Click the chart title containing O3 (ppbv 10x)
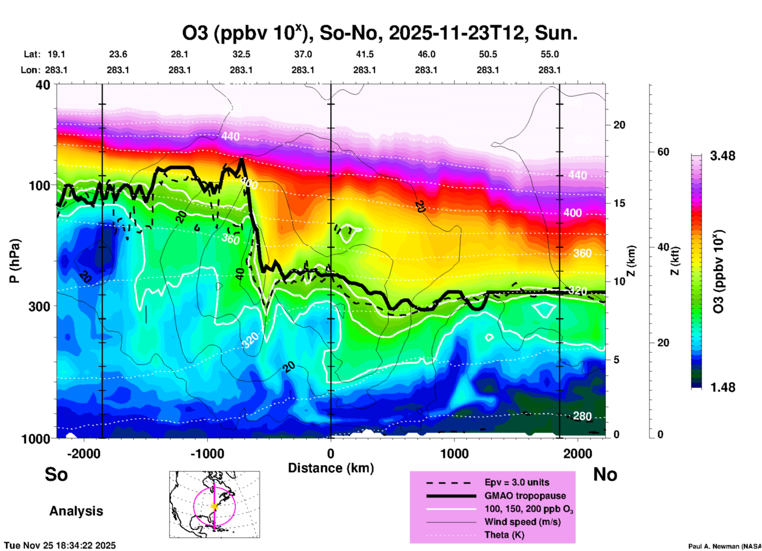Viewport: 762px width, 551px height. click(380, 33)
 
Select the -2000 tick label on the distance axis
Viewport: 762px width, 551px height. click(84, 454)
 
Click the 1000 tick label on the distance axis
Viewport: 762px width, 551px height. click(454, 454)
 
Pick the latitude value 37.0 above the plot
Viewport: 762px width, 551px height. click(303, 54)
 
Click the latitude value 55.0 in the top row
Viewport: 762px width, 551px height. click(550, 54)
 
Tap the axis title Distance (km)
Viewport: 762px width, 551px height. click(331, 468)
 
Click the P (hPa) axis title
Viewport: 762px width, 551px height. click(15, 261)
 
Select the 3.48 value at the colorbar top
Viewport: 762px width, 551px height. click(722, 156)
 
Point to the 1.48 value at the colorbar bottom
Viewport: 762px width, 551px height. click(722, 387)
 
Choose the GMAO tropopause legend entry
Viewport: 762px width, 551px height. click(525, 496)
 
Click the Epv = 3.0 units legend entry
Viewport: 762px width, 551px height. click(517, 482)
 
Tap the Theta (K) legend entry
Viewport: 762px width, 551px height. click(504, 535)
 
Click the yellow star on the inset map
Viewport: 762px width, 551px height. click(214, 506)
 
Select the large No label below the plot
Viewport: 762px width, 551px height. click(605, 474)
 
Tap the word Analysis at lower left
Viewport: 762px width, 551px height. click(76, 511)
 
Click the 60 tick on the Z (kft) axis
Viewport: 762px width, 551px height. click(663, 152)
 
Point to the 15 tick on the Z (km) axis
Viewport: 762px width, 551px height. click(619, 203)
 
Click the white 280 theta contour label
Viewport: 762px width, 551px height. click(582, 416)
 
